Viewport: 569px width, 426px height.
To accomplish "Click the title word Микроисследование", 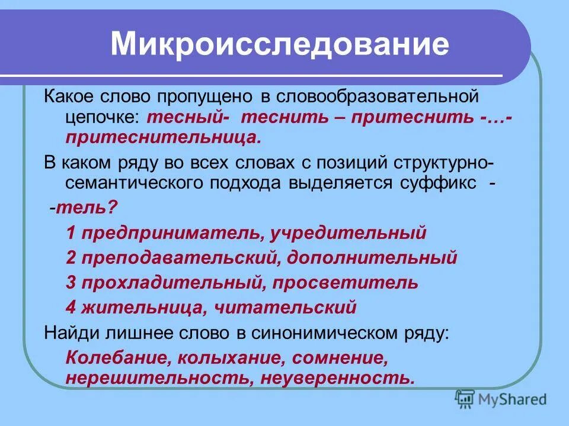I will [x=279, y=46].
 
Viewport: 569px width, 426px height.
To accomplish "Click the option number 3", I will [x=71, y=283].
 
